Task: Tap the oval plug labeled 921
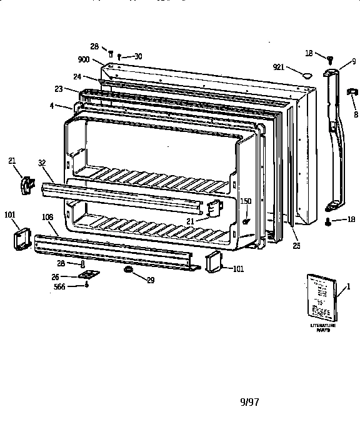[306, 76]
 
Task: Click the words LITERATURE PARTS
[323, 328]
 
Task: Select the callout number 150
[246, 201]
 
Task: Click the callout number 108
[47, 217]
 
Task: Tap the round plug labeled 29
[128, 270]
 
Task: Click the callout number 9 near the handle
[353, 61]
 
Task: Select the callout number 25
[296, 246]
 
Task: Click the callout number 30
[137, 56]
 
